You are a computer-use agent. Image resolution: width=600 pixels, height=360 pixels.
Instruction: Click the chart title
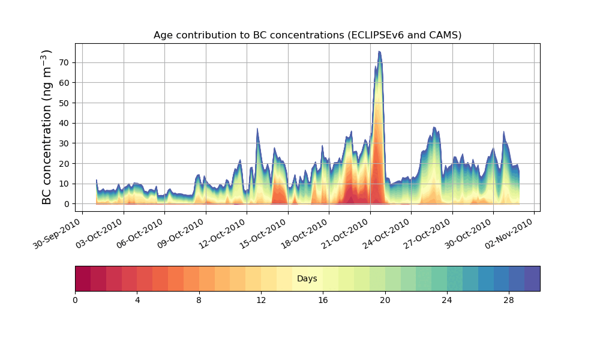coord(307,35)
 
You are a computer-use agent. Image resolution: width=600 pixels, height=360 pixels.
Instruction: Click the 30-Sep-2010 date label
coord(57,234)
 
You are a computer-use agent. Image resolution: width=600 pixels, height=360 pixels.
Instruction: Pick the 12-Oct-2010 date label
coord(222,234)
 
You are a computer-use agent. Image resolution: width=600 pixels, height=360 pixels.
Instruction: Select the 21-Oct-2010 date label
coord(346,234)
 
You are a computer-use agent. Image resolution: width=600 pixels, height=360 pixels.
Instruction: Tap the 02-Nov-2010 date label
coord(511,234)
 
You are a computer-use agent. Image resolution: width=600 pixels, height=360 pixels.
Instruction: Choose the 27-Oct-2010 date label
coord(428,234)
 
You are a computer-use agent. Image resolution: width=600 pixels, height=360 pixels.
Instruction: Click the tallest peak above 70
coord(379,52)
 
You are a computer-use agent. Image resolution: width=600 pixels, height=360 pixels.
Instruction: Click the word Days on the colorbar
coord(307,279)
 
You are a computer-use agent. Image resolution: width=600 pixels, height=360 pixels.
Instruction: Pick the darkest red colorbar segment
coord(83,278)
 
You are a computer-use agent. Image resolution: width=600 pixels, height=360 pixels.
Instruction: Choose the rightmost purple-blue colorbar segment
coord(532,278)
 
